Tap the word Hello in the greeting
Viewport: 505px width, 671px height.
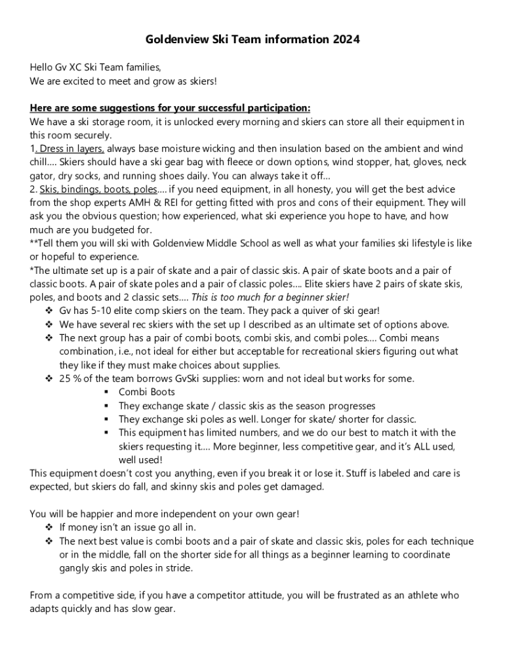41,67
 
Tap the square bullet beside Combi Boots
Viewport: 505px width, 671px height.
106,392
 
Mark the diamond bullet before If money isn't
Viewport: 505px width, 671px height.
49,527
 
